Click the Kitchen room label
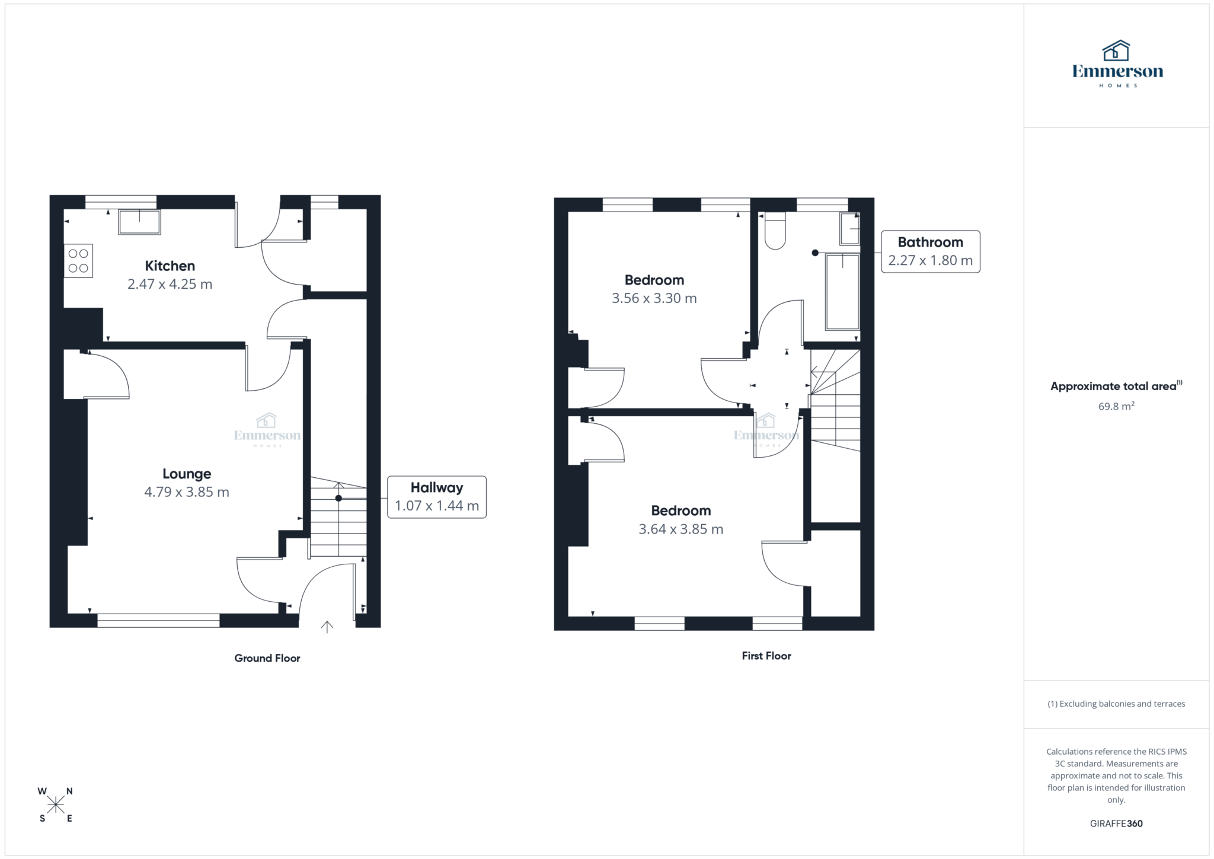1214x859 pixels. tap(170, 266)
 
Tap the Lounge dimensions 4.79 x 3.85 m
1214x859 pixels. tap(186, 492)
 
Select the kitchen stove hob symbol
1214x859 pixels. tap(78, 261)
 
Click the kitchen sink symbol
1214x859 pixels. tap(139, 222)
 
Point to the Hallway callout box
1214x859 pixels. tap(437, 497)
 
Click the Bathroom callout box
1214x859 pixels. tap(930, 251)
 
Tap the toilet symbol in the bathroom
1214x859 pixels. tap(775, 231)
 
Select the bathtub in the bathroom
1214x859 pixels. tap(842, 292)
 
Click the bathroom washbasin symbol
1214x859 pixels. tap(849, 228)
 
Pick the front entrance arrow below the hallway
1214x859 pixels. tap(327, 627)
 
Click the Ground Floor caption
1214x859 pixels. tap(267, 658)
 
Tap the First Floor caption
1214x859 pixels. tap(766, 656)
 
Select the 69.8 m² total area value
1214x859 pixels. tap(1116, 407)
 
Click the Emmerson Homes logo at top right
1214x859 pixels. tap(1117, 64)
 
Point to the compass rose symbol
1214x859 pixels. tap(56, 804)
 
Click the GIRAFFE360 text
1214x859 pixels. tap(1116, 823)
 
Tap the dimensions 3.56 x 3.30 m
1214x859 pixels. tap(654, 298)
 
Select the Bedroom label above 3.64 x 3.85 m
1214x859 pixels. tap(681, 510)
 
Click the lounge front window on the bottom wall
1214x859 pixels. tap(158, 621)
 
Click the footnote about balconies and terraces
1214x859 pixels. tap(1116, 704)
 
